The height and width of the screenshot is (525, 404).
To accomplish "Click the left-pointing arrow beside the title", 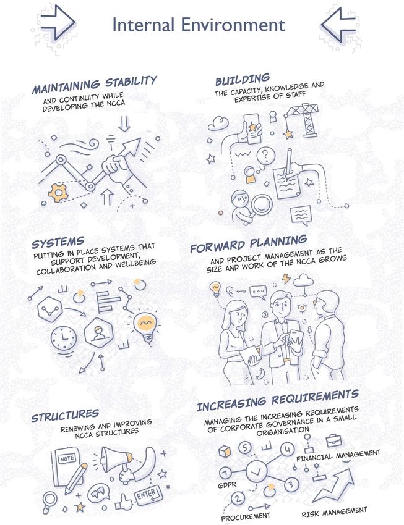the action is (338, 24).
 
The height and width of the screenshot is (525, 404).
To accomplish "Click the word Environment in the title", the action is (233, 25).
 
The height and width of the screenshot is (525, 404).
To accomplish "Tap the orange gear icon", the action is (58, 193).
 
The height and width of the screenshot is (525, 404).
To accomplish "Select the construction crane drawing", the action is (303, 120).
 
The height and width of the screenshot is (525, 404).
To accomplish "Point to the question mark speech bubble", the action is (265, 156).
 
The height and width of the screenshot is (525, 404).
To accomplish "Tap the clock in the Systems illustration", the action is (64, 338).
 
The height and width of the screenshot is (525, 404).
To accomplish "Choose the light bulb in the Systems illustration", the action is (146, 327).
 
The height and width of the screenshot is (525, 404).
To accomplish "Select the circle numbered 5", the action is (245, 448).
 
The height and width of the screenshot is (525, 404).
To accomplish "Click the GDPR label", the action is (227, 485).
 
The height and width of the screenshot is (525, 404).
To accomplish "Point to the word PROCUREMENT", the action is (246, 516).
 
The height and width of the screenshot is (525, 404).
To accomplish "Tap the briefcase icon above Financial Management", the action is (333, 440).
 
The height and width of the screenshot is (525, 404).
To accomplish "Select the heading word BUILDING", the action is (243, 80).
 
